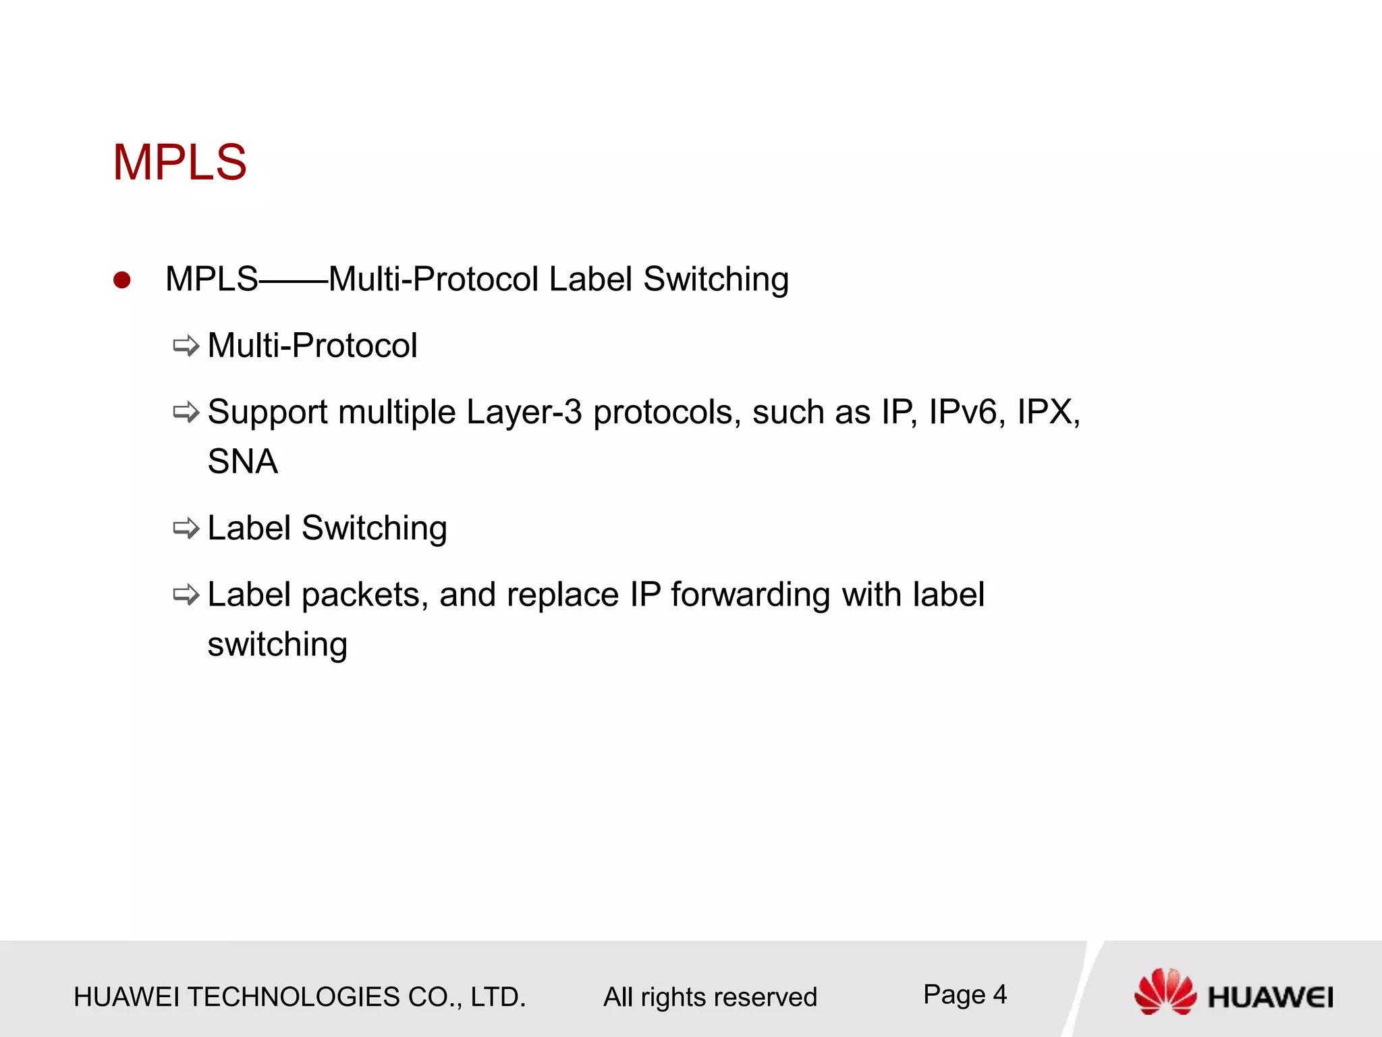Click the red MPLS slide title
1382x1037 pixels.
click(x=179, y=163)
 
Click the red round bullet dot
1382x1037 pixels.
click(x=122, y=280)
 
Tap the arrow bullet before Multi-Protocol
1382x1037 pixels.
click(x=186, y=346)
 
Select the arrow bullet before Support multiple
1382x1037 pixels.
click(x=186, y=412)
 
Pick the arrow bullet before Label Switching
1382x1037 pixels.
click(x=186, y=528)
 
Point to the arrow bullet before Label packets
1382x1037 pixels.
click(x=186, y=595)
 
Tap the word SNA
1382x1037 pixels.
click(x=243, y=462)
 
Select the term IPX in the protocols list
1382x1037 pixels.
click(x=1046, y=412)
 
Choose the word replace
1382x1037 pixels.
click(x=562, y=595)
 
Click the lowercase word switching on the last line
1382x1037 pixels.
click(x=277, y=645)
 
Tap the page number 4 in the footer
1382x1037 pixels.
click(x=999, y=994)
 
